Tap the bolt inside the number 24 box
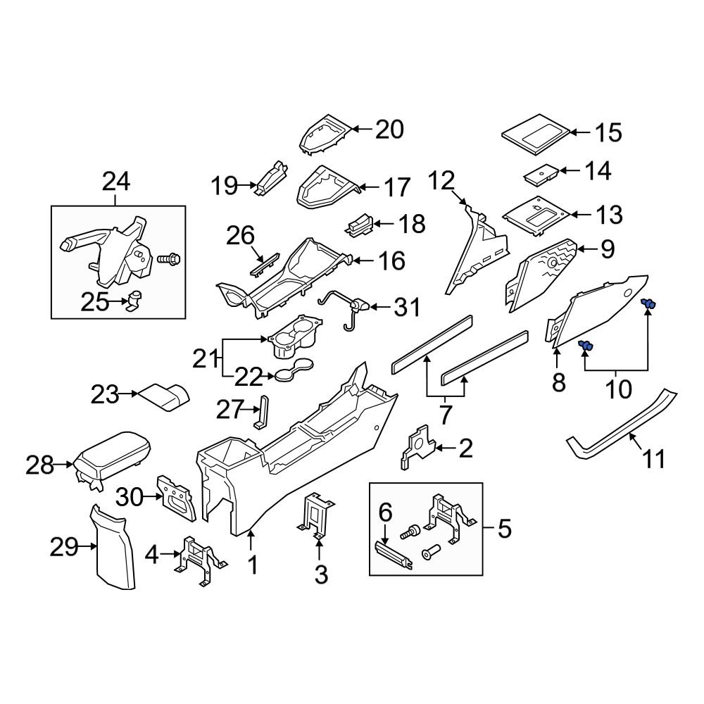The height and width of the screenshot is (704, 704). (x=170, y=260)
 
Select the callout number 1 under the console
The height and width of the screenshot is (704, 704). (x=251, y=565)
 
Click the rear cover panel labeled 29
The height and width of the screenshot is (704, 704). (x=115, y=549)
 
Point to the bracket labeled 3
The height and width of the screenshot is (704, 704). (x=318, y=515)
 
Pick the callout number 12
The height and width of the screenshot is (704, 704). (x=443, y=182)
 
